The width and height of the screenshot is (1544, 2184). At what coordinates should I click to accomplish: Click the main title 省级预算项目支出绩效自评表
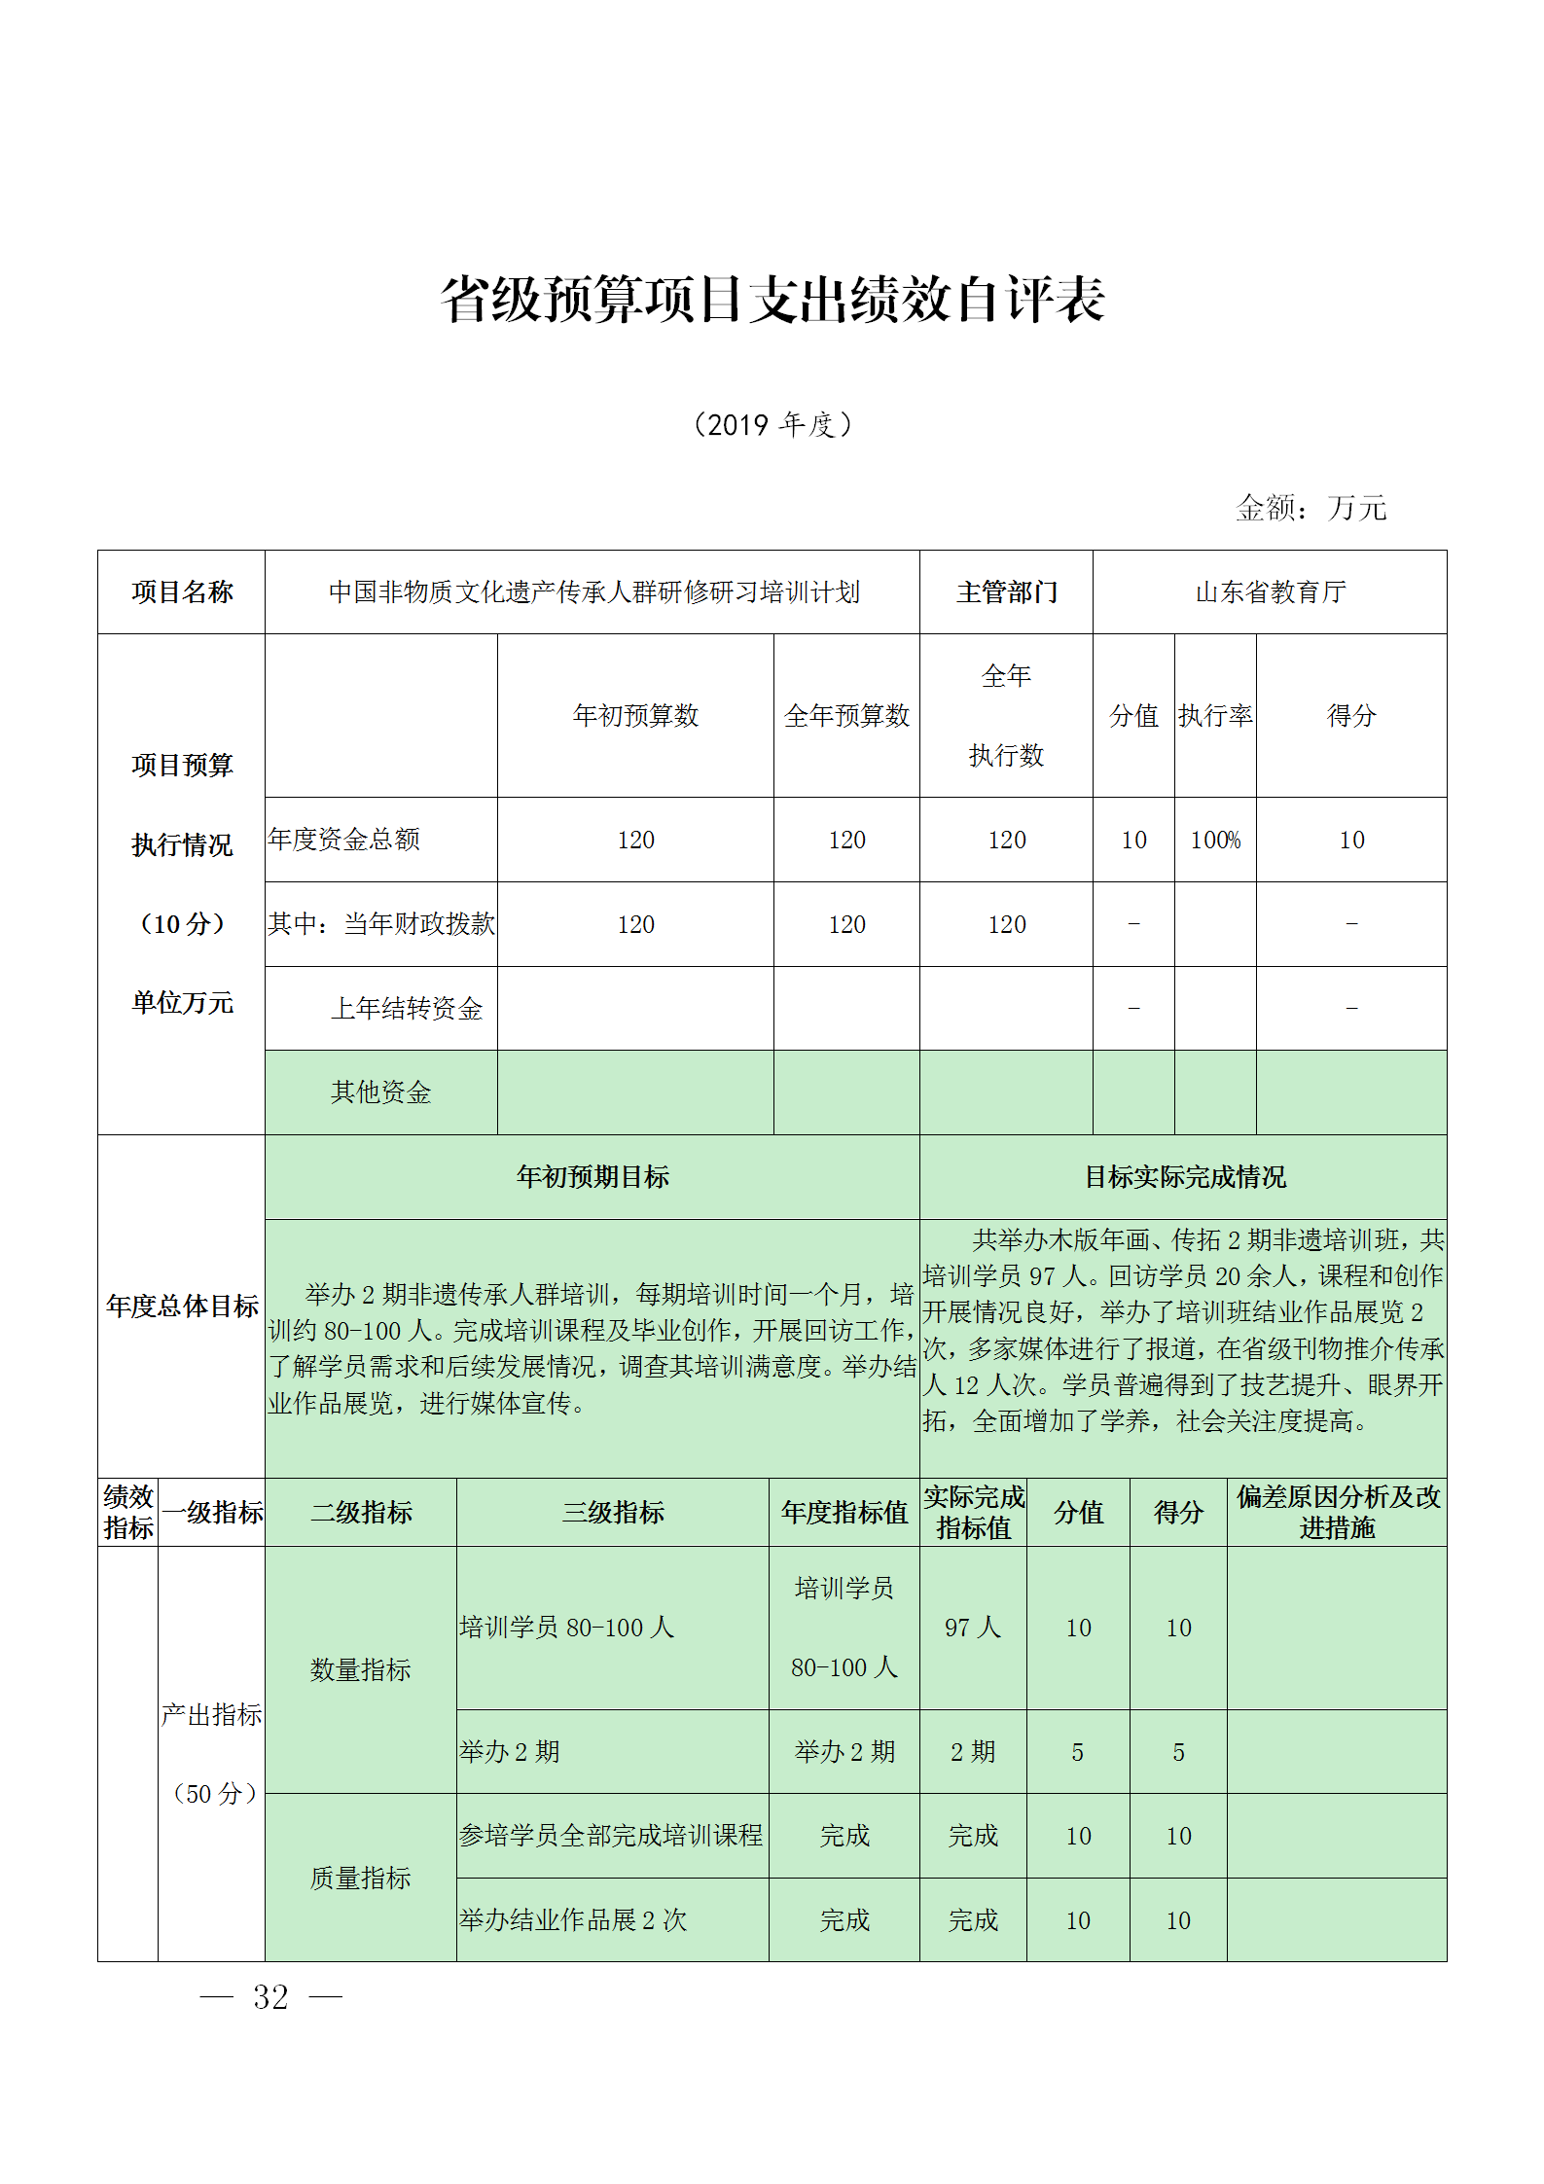[772, 299]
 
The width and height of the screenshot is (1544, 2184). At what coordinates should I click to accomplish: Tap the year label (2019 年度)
[772, 425]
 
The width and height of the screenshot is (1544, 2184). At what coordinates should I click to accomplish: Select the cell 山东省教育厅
[1270, 591]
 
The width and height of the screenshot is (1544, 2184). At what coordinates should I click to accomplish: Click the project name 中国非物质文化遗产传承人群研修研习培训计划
[593, 591]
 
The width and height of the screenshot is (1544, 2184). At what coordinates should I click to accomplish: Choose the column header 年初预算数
[635, 715]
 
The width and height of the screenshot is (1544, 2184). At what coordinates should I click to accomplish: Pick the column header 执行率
[1214, 715]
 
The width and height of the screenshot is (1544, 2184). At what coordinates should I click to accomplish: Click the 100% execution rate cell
[1214, 840]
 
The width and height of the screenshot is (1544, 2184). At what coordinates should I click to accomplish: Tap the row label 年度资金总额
[343, 840]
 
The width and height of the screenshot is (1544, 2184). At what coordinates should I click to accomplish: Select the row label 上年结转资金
[406, 1008]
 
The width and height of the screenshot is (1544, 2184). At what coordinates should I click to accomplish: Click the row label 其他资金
[380, 1092]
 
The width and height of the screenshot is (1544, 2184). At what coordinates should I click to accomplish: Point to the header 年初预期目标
[592, 1176]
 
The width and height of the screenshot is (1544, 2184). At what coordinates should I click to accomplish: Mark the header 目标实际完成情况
[1184, 1176]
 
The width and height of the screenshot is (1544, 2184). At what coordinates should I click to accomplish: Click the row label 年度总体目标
[182, 1306]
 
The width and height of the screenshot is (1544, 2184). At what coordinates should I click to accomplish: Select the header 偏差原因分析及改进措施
[1337, 1512]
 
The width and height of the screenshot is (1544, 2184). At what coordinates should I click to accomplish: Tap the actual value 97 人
[972, 1628]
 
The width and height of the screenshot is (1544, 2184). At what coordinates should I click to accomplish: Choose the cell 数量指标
[360, 1669]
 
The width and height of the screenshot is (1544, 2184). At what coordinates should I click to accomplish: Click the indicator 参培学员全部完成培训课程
[611, 1835]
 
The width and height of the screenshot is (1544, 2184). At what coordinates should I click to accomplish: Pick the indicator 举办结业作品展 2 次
[573, 1919]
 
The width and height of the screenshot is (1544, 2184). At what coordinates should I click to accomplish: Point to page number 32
[270, 1997]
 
